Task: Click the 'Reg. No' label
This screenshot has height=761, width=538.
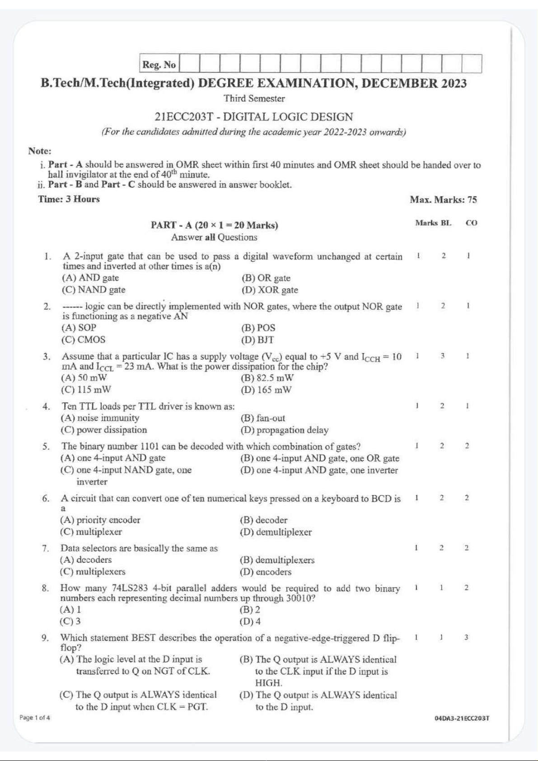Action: [x=159, y=65]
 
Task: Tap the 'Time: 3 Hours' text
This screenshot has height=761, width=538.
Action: [x=69, y=199]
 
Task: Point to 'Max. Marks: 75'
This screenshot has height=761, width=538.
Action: [x=443, y=200]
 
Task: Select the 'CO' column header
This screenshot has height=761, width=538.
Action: [x=471, y=223]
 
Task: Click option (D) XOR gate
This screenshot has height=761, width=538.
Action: [x=270, y=290]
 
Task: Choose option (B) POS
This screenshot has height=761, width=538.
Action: [x=258, y=327]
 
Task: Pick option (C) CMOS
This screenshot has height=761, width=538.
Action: [x=84, y=340]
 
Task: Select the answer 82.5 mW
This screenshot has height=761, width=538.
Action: [x=267, y=378]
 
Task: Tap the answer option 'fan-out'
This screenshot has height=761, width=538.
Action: [x=263, y=418]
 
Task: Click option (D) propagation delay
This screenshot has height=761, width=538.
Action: [x=284, y=430]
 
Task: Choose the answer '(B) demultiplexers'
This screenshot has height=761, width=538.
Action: [x=277, y=560]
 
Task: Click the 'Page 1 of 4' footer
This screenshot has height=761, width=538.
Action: [x=35, y=718]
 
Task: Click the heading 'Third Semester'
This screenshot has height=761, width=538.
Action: [x=254, y=98]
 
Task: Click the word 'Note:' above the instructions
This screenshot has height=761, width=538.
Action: [x=40, y=151]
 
